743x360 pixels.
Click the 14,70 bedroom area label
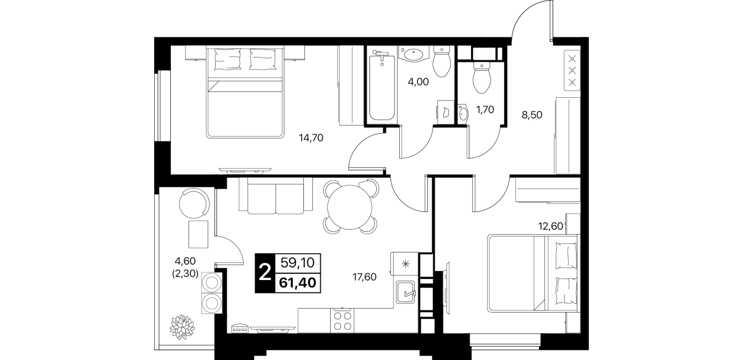(311, 138)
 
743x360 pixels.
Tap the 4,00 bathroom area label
(418, 82)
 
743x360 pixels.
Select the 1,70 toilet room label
(485, 110)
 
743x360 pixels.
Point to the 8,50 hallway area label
(532, 115)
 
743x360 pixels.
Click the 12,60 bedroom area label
(551, 226)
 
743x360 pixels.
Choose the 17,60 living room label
(364, 277)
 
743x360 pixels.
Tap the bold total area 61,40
(298, 283)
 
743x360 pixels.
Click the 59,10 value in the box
(298, 263)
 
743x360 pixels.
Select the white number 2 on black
(265, 273)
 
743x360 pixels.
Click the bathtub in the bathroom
(382, 87)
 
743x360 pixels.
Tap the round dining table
(350, 207)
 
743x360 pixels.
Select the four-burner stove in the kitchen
(342, 320)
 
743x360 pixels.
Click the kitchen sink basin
(405, 291)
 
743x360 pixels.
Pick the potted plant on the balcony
(182, 327)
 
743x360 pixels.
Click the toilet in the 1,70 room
(481, 77)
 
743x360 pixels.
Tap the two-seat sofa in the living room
(276, 196)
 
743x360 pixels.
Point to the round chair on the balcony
(194, 203)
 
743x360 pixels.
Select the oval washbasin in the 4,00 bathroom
(412, 55)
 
